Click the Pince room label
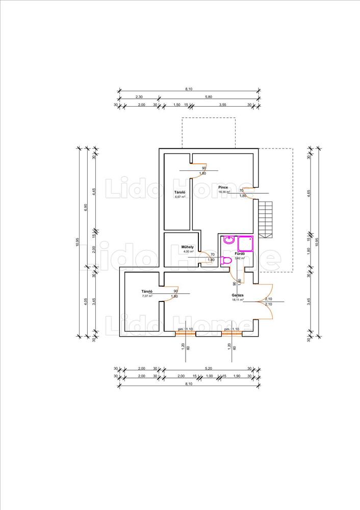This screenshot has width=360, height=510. click(x=223, y=188)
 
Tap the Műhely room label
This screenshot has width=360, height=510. click(x=188, y=247)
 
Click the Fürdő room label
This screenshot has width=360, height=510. click(x=240, y=253)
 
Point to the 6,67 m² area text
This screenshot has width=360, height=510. click(x=179, y=196)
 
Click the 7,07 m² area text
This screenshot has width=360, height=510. click(x=148, y=296)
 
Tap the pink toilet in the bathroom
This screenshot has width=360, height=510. click(x=227, y=260)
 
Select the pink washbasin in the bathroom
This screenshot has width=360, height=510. click(x=229, y=240)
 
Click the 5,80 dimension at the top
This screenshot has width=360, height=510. click(x=209, y=96)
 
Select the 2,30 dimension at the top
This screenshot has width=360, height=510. click(x=139, y=96)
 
